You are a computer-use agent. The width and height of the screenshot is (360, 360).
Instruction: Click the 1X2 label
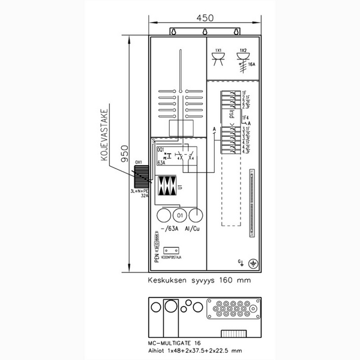[242, 50]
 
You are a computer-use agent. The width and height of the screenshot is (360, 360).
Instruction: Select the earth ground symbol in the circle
[253, 263]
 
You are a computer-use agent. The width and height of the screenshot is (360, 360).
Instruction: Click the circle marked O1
[179, 215]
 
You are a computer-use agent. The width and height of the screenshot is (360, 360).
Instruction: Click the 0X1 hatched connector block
[141, 176]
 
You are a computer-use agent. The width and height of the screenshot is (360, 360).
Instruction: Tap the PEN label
[157, 257]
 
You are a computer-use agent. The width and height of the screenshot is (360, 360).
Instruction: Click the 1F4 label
[245, 118]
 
